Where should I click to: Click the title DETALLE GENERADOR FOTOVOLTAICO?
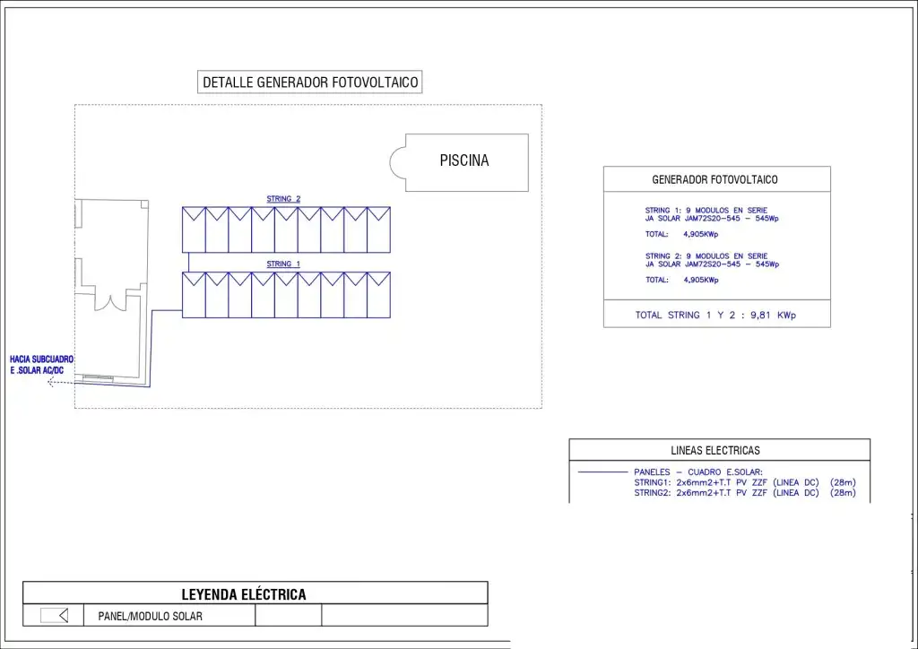click(x=310, y=82)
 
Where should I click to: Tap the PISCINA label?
click(x=464, y=160)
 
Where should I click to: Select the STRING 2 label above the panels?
click(x=283, y=199)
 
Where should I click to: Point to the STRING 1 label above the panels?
click(x=283, y=264)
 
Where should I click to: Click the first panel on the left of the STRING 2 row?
click(x=194, y=229)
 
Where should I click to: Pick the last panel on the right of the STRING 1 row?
click(x=379, y=295)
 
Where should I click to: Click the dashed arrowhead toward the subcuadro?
click(x=51, y=382)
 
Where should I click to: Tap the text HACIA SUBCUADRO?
click(x=41, y=359)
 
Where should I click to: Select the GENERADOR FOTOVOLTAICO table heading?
click(x=714, y=179)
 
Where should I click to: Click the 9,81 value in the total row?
click(x=760, y=315)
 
